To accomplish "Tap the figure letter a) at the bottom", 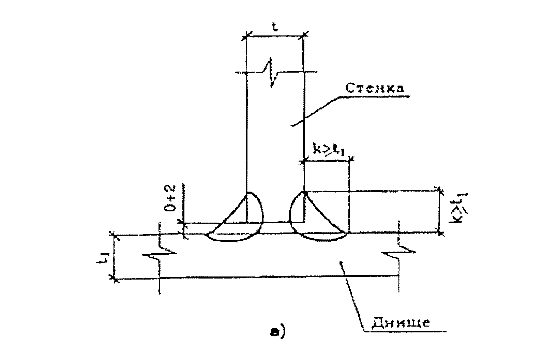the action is [277, 331].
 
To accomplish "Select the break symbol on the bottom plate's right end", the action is [397, 252].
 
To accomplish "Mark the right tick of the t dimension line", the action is [304, 34].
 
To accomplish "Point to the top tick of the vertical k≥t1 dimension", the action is [440, 191].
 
